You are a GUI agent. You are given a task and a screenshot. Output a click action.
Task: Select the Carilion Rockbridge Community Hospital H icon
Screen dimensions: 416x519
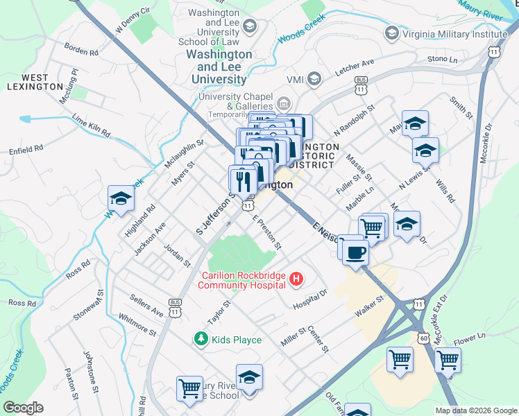click(x=296, y=279)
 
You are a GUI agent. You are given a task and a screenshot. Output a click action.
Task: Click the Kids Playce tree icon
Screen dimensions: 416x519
click(x=201, y=339)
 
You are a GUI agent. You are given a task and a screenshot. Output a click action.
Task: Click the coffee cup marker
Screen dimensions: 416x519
click(x=355, y=252)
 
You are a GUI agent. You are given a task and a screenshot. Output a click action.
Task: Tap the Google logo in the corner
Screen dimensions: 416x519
click(x=23, y=408)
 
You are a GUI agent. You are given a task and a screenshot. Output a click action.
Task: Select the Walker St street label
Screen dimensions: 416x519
click(x=370, y=304)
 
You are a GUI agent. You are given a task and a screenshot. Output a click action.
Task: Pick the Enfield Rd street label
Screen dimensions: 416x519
click(x=26, y=148)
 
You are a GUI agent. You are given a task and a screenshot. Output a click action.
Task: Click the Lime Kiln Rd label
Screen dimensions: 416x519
click(x=91, y=125)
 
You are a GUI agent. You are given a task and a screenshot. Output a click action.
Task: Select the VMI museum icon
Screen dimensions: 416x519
click(x=314, y=78)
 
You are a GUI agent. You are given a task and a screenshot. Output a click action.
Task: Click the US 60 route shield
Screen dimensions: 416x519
click(x=423, y=336)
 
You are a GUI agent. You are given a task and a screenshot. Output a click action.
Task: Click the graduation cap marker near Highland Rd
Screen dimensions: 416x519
click(x=121, y=200)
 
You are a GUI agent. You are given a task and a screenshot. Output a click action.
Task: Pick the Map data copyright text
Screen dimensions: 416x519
click(x=476, y=410)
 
